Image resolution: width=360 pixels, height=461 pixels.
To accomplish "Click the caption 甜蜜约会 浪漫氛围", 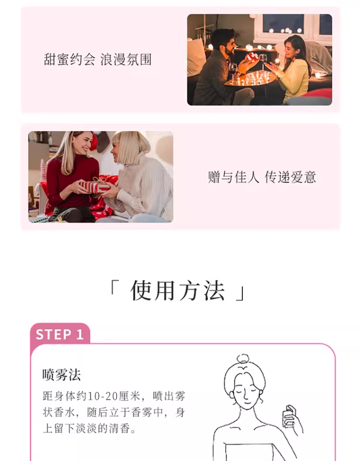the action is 97,60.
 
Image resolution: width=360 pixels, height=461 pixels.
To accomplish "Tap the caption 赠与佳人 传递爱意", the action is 262,177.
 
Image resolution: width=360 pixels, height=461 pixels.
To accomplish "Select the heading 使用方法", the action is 178,291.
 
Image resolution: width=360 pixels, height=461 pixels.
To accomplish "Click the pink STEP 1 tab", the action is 60,334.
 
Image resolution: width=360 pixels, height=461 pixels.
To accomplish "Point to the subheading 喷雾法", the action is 61,375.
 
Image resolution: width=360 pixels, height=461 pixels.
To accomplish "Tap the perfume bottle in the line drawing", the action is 289,415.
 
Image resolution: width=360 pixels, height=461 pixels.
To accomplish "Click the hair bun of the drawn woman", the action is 243,359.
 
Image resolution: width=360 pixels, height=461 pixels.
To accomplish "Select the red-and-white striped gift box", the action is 95,186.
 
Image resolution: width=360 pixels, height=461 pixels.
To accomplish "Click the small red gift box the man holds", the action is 252,57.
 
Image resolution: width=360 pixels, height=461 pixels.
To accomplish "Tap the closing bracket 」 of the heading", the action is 240,293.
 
